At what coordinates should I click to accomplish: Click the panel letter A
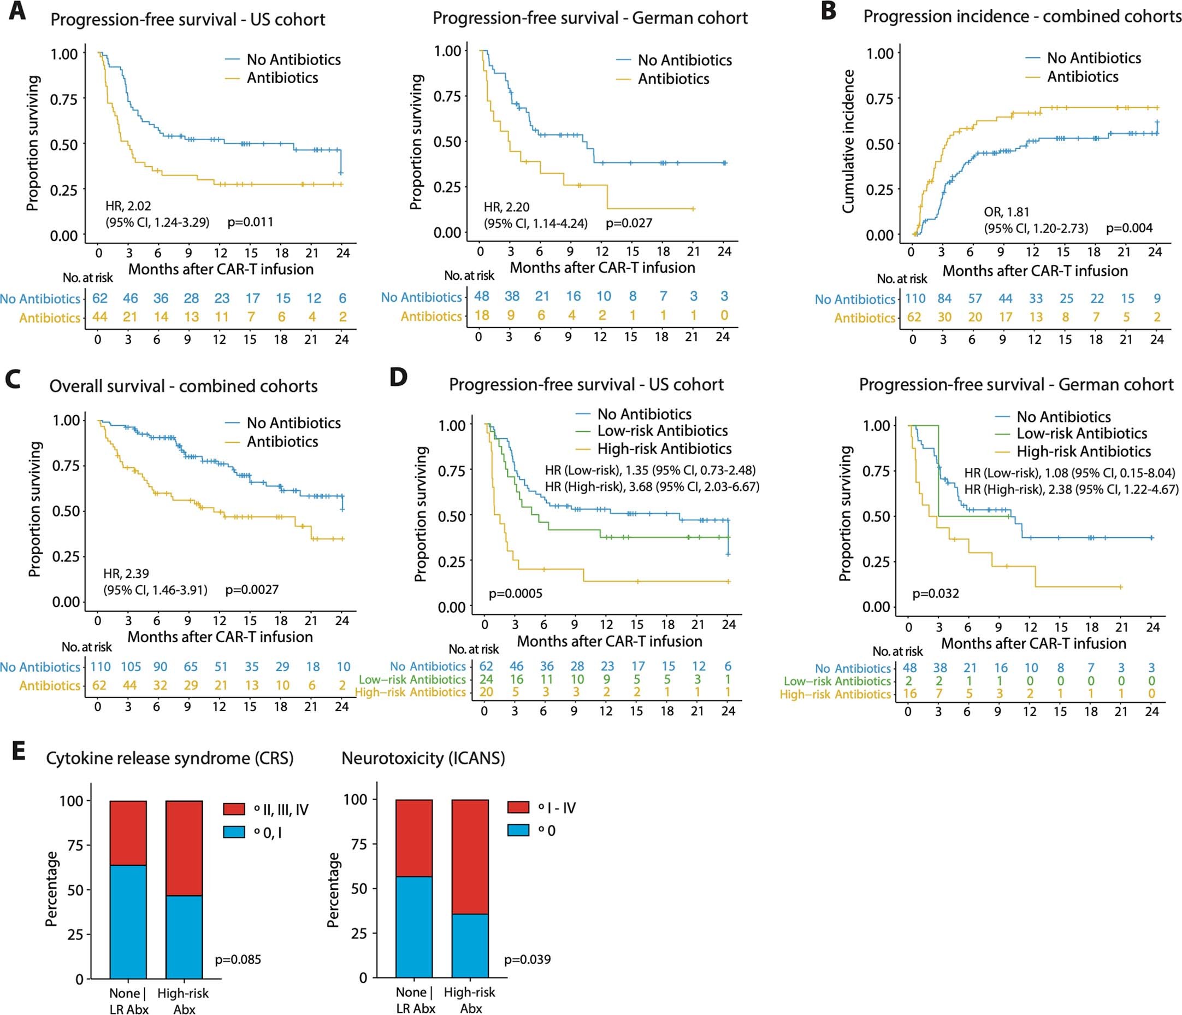tap(17, 12)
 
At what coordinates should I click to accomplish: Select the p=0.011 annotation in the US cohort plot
tap(250, 222)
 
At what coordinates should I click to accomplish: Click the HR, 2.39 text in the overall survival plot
tap(126, 574)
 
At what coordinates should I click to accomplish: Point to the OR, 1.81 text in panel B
tap(1006, 213)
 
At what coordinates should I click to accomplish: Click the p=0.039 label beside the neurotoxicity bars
tap(527, 959)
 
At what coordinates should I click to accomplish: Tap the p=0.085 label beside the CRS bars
tap(238, 959)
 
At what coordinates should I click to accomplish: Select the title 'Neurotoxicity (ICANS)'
tap(423, 758)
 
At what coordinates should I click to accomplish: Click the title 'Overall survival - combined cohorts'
tap(183, 386)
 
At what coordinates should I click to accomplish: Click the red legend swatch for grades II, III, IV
tap(234, 809)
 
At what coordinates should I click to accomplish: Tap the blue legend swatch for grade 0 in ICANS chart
tap(518, 830)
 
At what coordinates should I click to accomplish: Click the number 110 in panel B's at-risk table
tap(914, 298)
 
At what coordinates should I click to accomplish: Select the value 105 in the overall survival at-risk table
tap(131, 667)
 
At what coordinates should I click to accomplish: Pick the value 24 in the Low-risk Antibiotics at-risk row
tap(486, 679)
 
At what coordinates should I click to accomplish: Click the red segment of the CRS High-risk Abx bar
tap(184, 848)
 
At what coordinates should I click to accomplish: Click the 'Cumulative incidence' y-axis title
tap(848, 142)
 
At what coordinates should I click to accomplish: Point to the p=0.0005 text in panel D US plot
tap(515, 594)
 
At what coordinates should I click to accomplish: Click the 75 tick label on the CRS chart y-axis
tap(75, 846)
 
